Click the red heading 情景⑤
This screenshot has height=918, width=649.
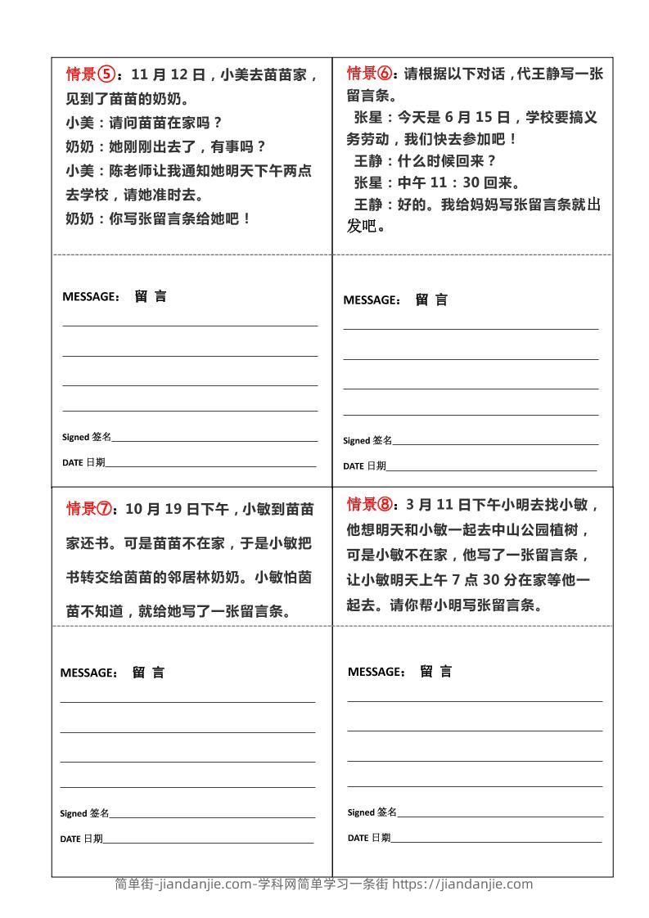91,75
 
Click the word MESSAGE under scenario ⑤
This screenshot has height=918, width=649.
91,297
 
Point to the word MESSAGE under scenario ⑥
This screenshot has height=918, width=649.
372,300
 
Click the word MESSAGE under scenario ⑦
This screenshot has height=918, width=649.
88,673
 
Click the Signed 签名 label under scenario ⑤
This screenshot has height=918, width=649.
87,437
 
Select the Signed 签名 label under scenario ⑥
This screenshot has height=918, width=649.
367,440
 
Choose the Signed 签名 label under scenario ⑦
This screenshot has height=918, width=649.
84,813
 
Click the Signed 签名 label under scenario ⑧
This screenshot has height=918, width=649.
372,812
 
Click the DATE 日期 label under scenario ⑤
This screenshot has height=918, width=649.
83,462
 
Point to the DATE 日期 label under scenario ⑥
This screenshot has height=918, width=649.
364,466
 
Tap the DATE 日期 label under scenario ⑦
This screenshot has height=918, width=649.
81,839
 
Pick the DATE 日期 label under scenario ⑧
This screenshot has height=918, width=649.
369,838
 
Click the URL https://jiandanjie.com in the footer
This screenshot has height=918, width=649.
462,884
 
